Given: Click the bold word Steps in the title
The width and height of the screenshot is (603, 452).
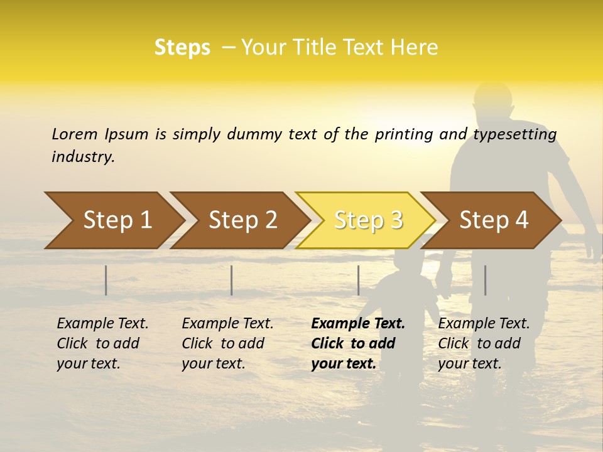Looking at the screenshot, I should pyautogui.click(x=182, y=48).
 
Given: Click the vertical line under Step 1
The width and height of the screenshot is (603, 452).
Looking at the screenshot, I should pyautogui.click(x=106, y=280).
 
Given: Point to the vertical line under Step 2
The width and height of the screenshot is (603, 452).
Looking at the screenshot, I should pyautogui.click(x=232, y=280).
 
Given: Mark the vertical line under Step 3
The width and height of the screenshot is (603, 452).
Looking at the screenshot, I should pyautogui.click(x=358, y=280).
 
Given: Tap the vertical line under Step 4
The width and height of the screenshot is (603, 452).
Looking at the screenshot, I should pyautogui.click(x=485, y=280).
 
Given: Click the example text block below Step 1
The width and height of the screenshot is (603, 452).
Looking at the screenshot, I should pyautogui.click(x=102, y=343).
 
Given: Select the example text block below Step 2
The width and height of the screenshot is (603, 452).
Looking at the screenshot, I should pyautogui.click(x=227, y=343).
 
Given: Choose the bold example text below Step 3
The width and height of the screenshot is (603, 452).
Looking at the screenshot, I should pyautogui.click(x=358, y=343).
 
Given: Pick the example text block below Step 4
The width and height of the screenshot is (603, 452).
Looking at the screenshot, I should pyautogui.click(x=484, y=343).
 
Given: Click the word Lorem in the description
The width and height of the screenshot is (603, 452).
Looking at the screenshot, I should pyautogui.click(x=74, y=134).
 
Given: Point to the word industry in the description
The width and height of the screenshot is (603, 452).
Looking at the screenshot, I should pyautogui.click(x=83, y=156).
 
